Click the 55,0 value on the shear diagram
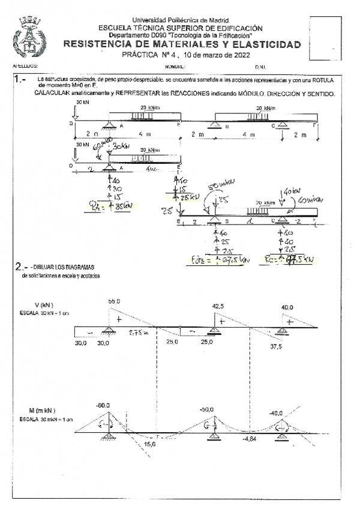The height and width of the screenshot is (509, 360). [x=114, y=301]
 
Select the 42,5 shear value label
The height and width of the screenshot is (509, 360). [x=218, y=306]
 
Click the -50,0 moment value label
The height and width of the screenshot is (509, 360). [x=206, y=409]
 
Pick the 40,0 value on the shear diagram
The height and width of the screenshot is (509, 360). [x=287, y=307]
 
